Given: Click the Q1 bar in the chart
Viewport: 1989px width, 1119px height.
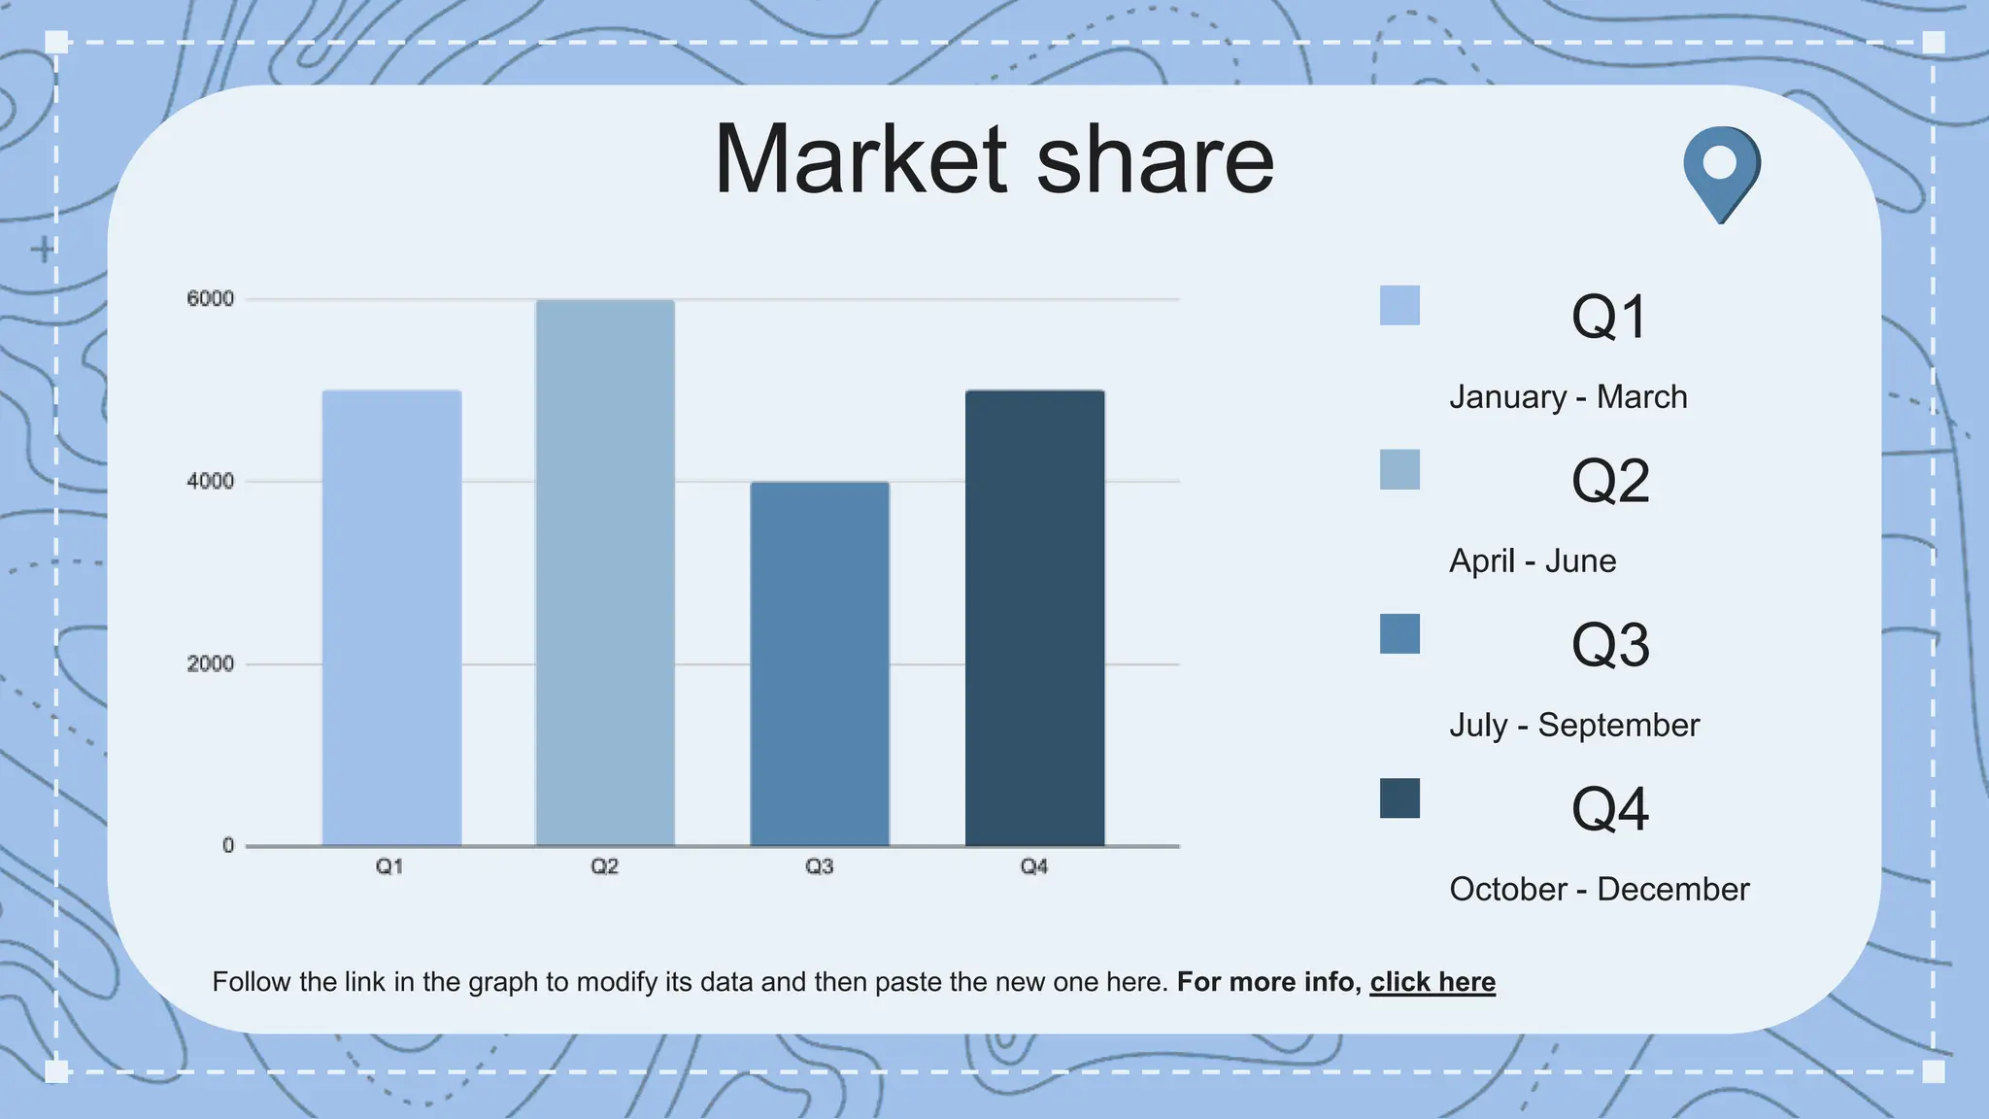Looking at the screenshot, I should coord(391,618).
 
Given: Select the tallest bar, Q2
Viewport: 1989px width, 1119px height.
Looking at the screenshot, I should coord(605,573).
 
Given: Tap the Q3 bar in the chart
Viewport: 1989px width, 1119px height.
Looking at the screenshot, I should coord(820,663).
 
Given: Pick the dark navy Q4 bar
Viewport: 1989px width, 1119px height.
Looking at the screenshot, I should coord(1034,618).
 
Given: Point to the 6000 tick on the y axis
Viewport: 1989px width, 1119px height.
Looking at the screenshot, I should coord(211,299).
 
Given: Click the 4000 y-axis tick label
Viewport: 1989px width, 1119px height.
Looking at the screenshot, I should coord(211,482).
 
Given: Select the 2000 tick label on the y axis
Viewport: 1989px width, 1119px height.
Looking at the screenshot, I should coord(211,664).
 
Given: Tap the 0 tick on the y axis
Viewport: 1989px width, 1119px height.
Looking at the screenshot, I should coord(228,846).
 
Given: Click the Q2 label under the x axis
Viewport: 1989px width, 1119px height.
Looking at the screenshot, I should coord(604,866).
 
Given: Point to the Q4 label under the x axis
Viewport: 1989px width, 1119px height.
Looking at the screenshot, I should coord(1033,866).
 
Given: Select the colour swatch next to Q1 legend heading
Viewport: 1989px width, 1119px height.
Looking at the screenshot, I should coord(1399,305).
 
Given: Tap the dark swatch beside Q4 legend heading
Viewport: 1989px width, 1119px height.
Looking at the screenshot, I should coord(1399,798).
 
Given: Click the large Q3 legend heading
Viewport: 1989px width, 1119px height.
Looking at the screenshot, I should coord(1610,645).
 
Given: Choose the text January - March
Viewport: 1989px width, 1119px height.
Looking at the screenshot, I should coord(1568,397).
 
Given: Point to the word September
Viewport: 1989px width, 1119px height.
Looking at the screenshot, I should coord(1619,726).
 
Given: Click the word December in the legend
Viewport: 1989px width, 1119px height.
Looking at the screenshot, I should coord(1672,890).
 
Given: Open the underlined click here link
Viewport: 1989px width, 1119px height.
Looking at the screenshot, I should coord(1433,982).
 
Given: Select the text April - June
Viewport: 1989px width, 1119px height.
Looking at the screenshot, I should coord(1533,561).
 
